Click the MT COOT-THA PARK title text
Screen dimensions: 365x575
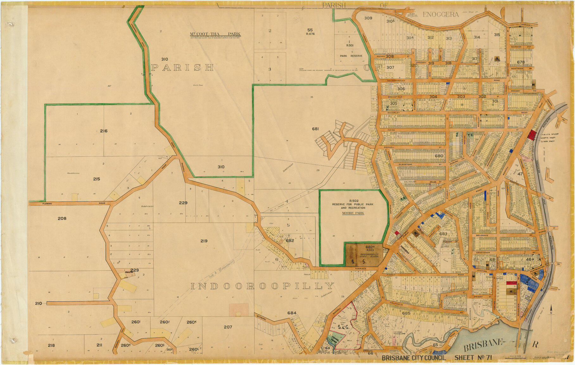(x=215, y=34)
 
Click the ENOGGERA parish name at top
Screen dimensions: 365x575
(x=440, y=15)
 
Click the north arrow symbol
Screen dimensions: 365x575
(x=551, y=309)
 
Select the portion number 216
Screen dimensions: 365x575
(x=104, y=131)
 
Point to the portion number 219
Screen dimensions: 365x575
(x=204, y=241)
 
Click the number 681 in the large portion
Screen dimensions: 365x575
(x=315, y=129)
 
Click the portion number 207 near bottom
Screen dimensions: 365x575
(x=228, y=327)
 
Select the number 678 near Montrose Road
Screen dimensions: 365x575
(x=521, y=62)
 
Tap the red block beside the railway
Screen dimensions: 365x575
(x=532, y=135)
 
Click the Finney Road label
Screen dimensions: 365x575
(x=391, y=276)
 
